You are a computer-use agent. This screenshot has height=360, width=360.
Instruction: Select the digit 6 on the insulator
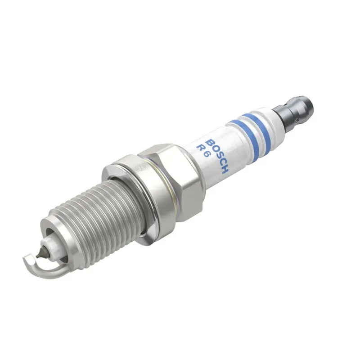click(207, 157)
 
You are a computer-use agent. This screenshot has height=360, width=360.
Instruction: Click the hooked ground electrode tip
click(28, 259)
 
